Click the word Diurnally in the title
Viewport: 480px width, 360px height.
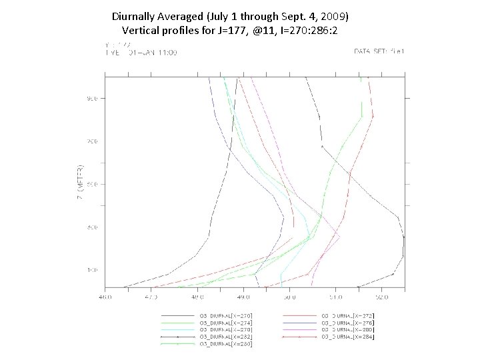click(135, 15)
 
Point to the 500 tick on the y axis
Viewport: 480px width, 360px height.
click(91, 184)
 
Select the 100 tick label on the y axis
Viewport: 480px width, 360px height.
click(91, 270)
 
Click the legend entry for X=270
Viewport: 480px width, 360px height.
click(226, 315)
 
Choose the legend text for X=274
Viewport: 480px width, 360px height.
click(226, 323)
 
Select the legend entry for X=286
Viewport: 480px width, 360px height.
click(226, 345)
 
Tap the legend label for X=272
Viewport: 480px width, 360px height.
click(348, 315)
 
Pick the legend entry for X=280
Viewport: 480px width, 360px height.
click(348, 330)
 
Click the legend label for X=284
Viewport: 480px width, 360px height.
click(348, 337)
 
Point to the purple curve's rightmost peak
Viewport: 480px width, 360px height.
click(340, 237)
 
